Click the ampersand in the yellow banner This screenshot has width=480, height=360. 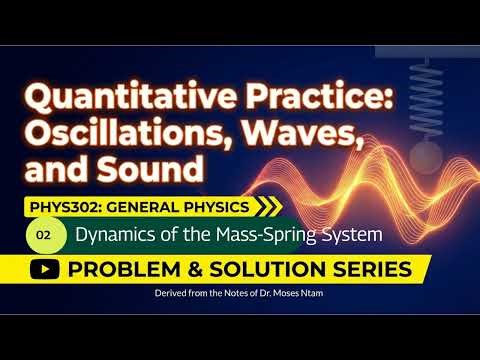pyautogui.click(x=186, y=269)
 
